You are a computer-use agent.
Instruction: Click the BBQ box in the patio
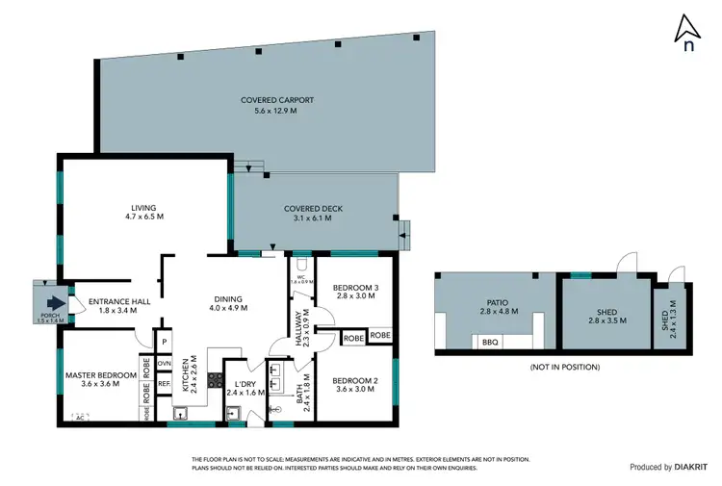coord(488,342)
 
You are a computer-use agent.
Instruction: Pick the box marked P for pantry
coord(165,342)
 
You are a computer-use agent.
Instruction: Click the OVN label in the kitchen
coord(165,364)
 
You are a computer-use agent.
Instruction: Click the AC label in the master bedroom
coord(79,417)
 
